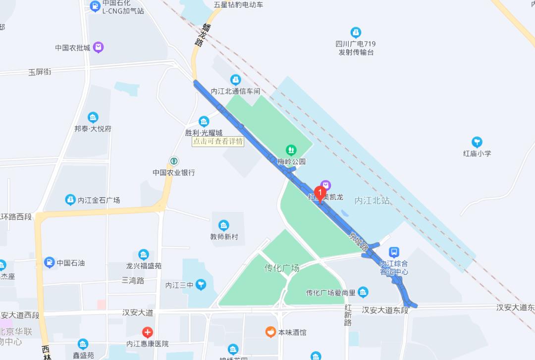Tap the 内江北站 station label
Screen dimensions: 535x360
tap(372, 201)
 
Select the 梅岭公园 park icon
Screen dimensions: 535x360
tap(291, 150)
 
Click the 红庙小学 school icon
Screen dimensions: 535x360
tap(477, 143)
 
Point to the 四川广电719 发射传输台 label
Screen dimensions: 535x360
tap(356, 48)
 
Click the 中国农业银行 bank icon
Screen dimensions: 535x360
tap(174, 161)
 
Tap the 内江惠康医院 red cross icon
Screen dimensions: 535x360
tap(147, 332)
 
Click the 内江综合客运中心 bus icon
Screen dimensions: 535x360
tap(394, 252)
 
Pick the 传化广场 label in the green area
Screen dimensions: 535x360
tap(282, 268)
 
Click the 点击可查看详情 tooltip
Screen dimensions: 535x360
tap(218, 141)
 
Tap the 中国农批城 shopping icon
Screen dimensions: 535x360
tap(99, 48)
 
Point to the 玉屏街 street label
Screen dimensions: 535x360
tap(40, 72)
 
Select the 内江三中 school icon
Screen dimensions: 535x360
tap(201, 284)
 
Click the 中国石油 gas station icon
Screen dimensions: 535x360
tap(49, 262)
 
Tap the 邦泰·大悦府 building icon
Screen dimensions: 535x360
tap(93, 117)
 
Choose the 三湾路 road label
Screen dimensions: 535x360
tap(133, 280)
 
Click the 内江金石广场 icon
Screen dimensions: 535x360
tap(70, 200)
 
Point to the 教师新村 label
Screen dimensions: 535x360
tap(224, 236)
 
